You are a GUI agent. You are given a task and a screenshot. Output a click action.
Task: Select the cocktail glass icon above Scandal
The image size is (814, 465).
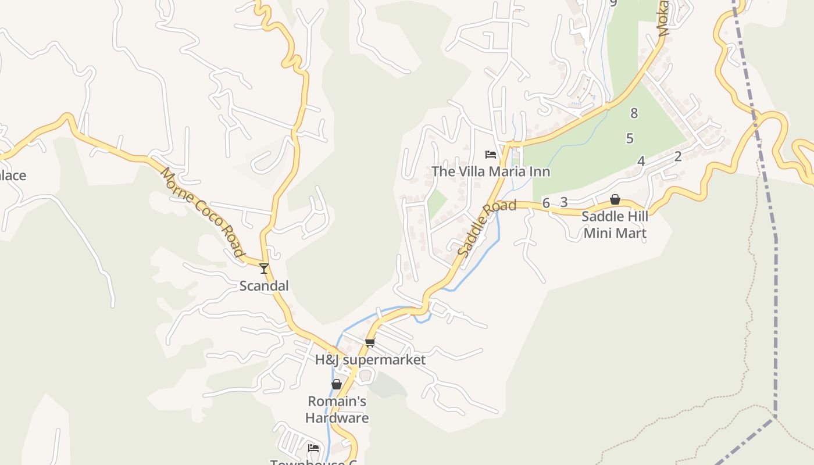pyautogui.click(x=264, y=268)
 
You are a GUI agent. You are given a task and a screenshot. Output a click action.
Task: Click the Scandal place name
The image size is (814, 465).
pyautogui.click(x=264, y=286)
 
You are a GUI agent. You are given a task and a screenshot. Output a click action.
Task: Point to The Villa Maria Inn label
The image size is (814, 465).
pyautogui.click(x=490, y=171)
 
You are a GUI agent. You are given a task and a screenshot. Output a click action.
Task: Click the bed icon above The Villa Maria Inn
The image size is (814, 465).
pyautogui.click(x=491, y=154)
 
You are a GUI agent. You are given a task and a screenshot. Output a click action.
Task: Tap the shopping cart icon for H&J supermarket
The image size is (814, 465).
pyautogui.click(x=370, y=342)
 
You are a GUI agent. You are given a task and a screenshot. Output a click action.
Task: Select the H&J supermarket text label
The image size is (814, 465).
pyautogui.click(x=370, y=360)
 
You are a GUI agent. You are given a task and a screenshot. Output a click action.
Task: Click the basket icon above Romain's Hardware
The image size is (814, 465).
pyautogui.click(x=337, y=384)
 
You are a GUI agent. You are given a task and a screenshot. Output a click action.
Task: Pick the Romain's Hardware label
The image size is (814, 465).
pyautogui.click(x=337, y=410)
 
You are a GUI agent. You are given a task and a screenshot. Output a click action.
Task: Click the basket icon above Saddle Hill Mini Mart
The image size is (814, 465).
pyautogui.click(x=615, y=200)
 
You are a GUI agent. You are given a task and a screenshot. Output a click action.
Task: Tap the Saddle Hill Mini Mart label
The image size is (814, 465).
pyautogui.click(x=615, y=225)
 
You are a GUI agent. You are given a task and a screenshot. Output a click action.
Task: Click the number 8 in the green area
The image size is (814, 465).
pyautogui.click(x=634, y=113)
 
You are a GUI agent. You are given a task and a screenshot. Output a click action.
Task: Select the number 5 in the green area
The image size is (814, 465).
pyautogui.click(x=630, y=138)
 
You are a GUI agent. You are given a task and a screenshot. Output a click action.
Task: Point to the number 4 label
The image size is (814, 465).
pyautogui.click(x=641, y=161)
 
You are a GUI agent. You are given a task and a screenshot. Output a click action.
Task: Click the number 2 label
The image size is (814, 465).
pyautogui.click(x=677, y=156)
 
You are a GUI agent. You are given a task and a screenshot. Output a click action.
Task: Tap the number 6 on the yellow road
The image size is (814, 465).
pyautogui.click(x=545, y=203)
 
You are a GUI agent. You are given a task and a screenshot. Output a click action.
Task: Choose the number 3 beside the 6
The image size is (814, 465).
pyautogui.click(x=563, y=202)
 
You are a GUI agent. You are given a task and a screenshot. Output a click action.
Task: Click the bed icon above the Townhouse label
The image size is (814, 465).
pyautogui.click(x=313, y=448)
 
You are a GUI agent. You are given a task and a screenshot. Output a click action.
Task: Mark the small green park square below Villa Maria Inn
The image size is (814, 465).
pyautogui.click(x=437, y=202)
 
